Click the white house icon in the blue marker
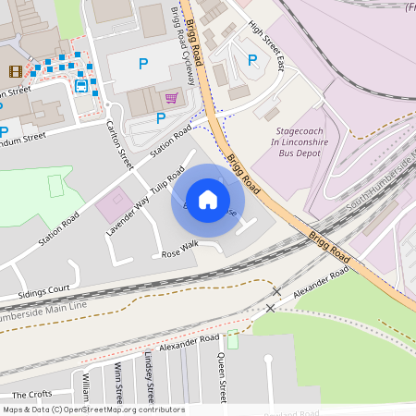click(208, 200)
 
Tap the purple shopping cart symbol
click(171, 97)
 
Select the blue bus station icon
click(81, 86)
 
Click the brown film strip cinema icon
click(16, 71)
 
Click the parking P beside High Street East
click(251, 60)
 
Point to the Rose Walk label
click(179, 249)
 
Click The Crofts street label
click(32, 394)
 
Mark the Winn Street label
click(119, 383)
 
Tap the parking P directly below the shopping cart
click(161, 117)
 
